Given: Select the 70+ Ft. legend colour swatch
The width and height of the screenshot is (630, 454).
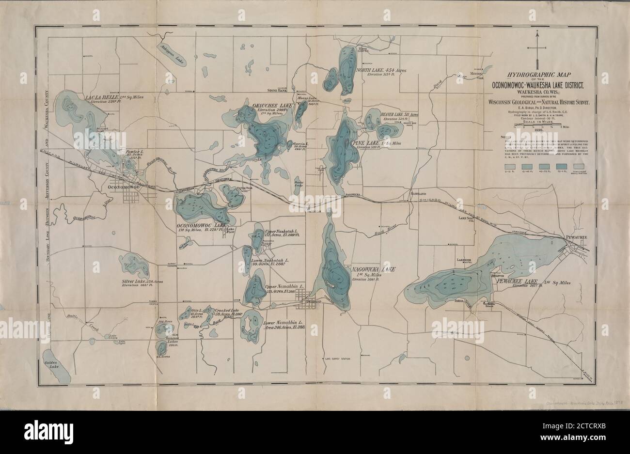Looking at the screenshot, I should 564,166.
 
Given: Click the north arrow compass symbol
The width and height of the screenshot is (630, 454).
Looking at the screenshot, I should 537,47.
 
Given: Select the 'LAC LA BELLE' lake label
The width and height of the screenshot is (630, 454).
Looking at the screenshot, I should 101,97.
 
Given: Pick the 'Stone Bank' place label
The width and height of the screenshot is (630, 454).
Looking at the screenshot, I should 277,90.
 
